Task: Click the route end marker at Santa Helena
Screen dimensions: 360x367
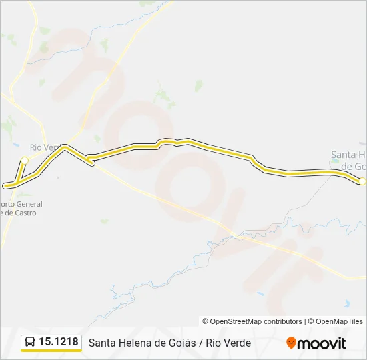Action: pyautogui.click(x=362, y=181)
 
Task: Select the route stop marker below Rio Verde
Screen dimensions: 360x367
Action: pyautogui.click(x=25, y=160)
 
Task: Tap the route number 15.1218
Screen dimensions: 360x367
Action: pyautogui.click(x=59, y=342)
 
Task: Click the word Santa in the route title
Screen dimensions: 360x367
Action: pyautogui.click(x=102, y=343)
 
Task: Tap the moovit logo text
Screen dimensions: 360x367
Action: pyautogui.click(x=322, y=343)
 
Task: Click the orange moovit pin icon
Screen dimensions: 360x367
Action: pyautogui.click(x=291, y=343)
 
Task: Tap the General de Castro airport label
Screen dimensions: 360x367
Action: pyautogui.click(x=20, y=208)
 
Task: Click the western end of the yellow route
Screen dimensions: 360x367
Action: pyautogui.click(x=5, y=185)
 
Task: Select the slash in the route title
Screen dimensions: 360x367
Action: pyautogui.click(x=201, y=343)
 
